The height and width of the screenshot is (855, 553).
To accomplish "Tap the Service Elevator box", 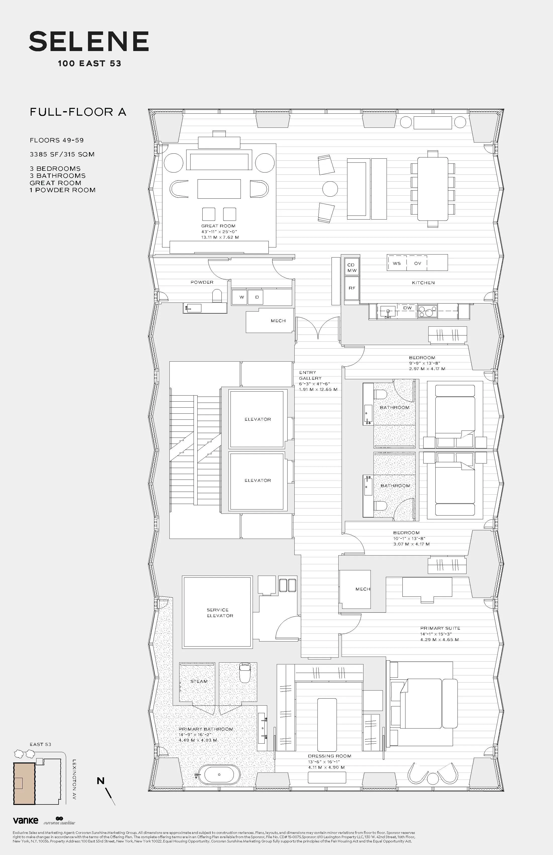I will (x=217, y=612).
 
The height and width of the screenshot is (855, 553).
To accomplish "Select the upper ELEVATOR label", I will (x=257, y=419).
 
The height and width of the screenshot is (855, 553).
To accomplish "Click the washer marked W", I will (x=241, y=297).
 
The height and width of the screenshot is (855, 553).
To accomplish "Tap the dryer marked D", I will (x=257, y=297).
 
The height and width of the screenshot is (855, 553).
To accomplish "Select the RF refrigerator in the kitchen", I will (x=352, y=288).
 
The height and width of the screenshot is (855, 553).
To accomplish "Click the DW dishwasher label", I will (x=407, y=308).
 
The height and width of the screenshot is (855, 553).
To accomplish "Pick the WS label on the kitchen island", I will (x=396, y=263).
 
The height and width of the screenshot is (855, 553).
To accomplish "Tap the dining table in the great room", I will (x=432, y=189).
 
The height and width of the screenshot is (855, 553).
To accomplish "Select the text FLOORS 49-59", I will (x=57, y=140).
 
